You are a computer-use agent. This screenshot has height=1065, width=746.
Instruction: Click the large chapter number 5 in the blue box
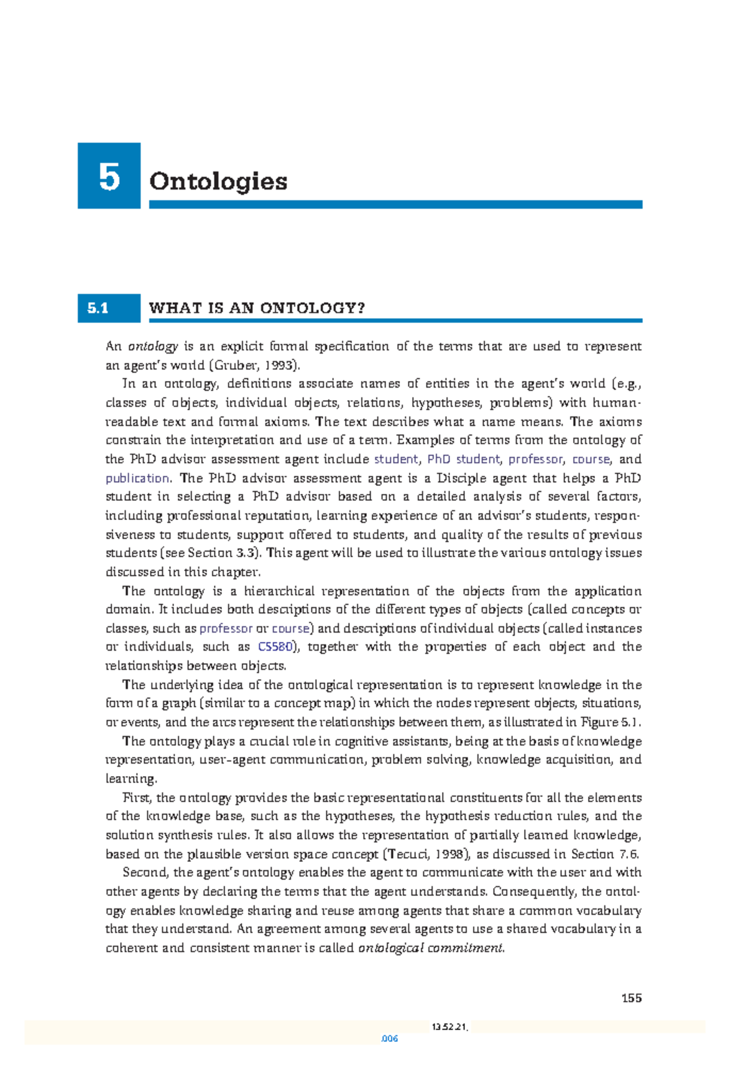tap(109, 177)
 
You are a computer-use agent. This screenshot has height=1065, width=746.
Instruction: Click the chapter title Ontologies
tap(218, 181)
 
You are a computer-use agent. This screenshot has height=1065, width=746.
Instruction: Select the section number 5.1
tap(98, 308)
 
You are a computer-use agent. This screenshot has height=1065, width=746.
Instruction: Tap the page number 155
tap(631, 998)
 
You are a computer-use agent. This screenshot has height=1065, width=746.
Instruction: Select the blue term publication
tap(137, 478)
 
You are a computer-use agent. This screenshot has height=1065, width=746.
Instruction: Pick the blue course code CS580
tap(275, 647)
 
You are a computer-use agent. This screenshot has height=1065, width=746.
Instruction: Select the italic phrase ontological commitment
tap(431, 948)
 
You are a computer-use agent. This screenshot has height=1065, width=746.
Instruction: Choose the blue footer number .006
tap(389, 1038)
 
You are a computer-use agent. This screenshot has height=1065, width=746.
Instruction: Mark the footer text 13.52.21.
tap(449, 1027)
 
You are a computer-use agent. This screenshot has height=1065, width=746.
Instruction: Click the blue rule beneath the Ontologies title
tap(395, 204)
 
